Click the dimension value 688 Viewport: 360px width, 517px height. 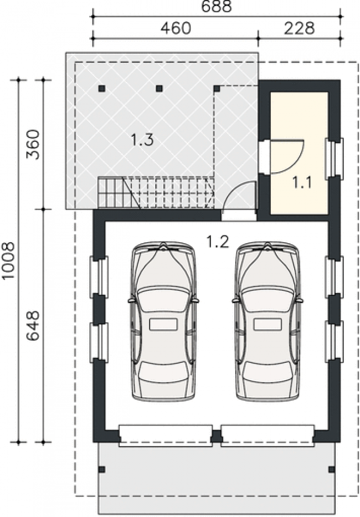[x=216, y=7]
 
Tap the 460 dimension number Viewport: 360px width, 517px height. [x=176, y=28]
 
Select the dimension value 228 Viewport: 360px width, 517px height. [x=299, y=28]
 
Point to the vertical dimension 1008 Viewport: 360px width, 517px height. [x=8, y=260]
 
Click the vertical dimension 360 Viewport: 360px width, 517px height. [x=33, y=145]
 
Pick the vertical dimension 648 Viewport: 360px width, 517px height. [x=33, y=325]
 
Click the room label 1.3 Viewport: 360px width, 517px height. [x=142, y=140]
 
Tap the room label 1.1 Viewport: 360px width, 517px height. [x=302, y=182]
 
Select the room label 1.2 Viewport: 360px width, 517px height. [x=217, y=242]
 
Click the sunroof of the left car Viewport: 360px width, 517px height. [x=163, y=324]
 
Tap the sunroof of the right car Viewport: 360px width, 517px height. [x=268, y=324]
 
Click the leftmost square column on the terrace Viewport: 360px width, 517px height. [x=102, y=88]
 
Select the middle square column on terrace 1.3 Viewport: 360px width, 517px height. [x=160, y=88]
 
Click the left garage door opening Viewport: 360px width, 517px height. [x=166, y=436]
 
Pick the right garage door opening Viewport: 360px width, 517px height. [x=268, y=436]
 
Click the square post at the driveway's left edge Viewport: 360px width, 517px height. [x=102, y=469]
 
